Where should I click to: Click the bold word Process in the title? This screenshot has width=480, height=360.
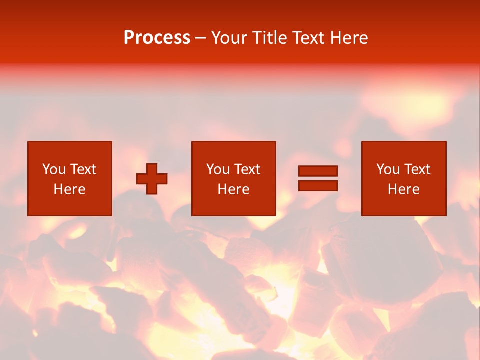point(157,38)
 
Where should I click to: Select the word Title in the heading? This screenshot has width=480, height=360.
point(269,38)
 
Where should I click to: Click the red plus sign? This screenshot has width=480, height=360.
point(152,178)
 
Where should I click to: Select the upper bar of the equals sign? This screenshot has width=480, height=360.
point(318,171)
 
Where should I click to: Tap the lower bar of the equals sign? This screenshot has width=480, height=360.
point(318,186)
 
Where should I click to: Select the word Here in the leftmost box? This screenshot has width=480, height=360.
point(69,189)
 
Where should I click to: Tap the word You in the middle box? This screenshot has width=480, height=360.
point(218,169)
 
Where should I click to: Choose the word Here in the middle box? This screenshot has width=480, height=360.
point(233,189)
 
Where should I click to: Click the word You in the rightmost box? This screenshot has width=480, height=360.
point(388,169)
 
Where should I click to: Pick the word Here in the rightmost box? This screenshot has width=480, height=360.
point(403,189)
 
